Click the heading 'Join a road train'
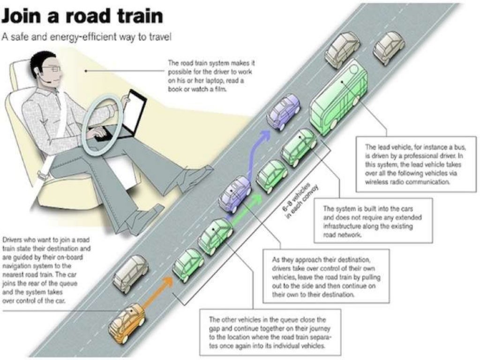pos(82,16)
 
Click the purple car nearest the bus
pos(283,112)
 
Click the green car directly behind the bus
pos(299,147)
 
